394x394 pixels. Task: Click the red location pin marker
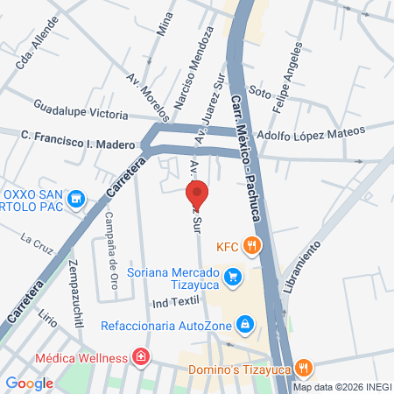click(197, 193)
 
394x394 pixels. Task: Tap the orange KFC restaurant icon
click(251, 246)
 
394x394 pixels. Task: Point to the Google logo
click(29, 383)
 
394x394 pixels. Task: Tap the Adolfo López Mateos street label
click(298, 130)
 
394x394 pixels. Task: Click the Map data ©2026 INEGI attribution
click(341, 387)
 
